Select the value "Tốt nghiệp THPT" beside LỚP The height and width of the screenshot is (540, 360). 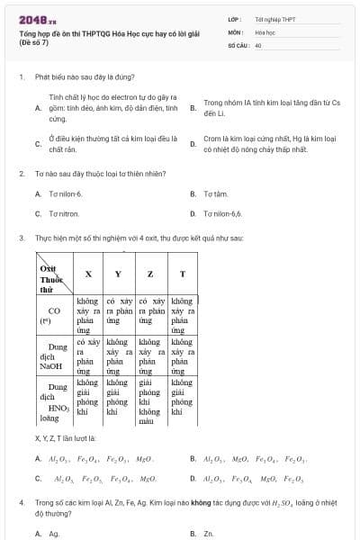coord(274,18)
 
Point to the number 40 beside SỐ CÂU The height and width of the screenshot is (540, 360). coord(258,44)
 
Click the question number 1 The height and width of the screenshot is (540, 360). coord(21,77)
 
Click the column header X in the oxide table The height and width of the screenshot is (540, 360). coord(87,274)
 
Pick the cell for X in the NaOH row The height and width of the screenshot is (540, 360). coord(87,356)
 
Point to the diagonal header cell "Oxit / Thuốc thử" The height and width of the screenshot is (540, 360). coord(53,274)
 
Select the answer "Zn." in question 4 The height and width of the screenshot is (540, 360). coord(208,533)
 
